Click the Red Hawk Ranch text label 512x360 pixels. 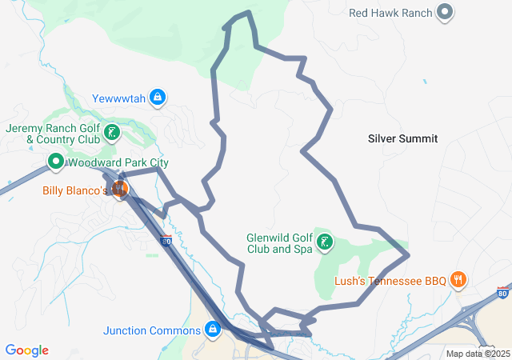(391, 12)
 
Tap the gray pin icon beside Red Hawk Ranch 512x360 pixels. (446, 12)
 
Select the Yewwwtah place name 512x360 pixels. (119, 98)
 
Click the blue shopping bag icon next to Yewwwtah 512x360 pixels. (158, 98)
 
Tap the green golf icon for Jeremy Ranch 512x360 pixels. (113, 133)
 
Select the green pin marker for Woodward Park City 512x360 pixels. (56, 162)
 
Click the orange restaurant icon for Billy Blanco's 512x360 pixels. (119, 190)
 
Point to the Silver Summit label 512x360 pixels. (402, 138)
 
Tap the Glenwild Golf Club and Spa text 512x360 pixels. (279, 243)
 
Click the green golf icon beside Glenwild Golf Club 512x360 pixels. (325, 242)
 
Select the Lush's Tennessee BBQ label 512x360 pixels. (390, 281)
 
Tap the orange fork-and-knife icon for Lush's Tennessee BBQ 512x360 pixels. (458, 280)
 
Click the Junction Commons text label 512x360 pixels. (151, 330)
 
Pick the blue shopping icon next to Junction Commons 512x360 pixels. (213, 330)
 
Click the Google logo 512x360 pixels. (27, 350)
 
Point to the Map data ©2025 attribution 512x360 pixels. (477, 354)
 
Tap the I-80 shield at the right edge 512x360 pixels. (502, 294)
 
